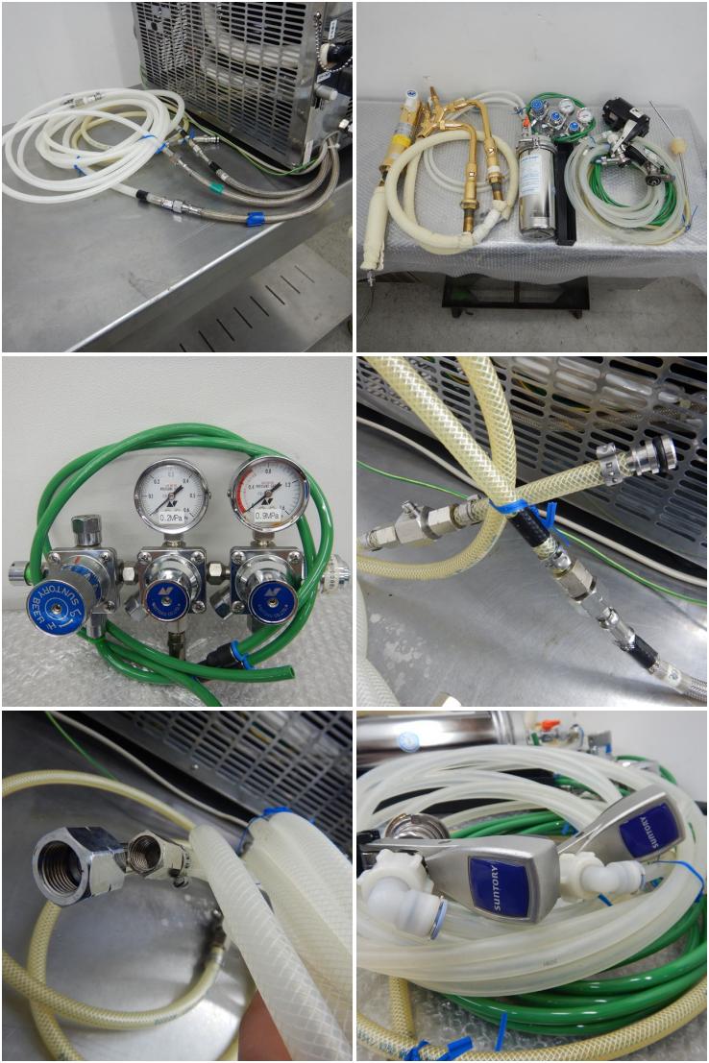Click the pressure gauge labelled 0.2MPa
(172, 495)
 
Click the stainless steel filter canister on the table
(537, 186)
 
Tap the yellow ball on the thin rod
(679, 147)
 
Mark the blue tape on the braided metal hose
(255, 219)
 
